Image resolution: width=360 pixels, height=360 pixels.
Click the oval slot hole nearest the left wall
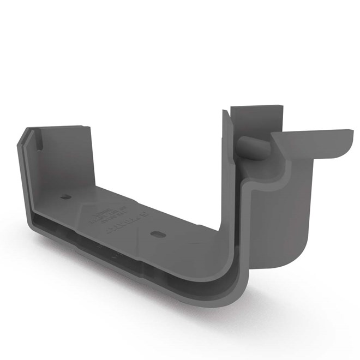(65, 196)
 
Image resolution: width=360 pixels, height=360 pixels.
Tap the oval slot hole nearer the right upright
(157, 233)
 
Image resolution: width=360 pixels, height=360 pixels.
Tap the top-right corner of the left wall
(89, 128)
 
